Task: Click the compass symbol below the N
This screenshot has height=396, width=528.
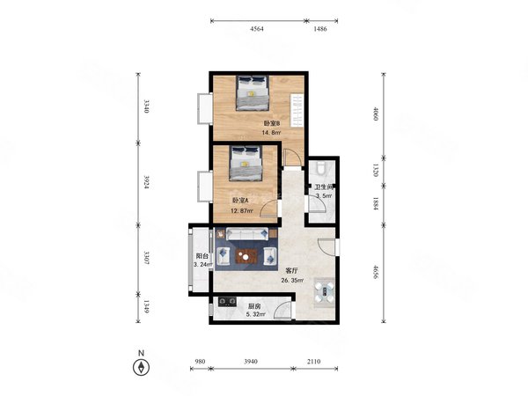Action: pyautogui.click(x=141, y=367)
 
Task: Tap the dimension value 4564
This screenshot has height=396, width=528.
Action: pyautogui.click(x=257, y=29)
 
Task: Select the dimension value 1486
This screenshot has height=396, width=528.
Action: pyautogui.click(x=320, y=29)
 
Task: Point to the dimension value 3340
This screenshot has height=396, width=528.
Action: pyautogui.click(x=146, y=106)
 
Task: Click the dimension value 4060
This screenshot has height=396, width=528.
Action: pyautogui.click(x=376, y=114)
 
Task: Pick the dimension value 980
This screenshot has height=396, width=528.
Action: pyautogui.click(x=200, y=362)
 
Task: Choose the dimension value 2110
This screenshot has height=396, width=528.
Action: pyautogui.click(x=313, y=362)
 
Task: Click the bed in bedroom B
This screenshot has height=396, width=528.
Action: pyautogui.click(x=253, y=93)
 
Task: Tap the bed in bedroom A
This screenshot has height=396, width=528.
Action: pyautogui.click(x=246, y=163)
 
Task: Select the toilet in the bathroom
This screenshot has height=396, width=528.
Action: pyautogui.click(x=322, y=166)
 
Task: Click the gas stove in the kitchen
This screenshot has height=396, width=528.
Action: pyautogui.click(x=227, y=301)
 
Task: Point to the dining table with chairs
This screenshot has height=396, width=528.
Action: pyautogui.click(x=324, y=290)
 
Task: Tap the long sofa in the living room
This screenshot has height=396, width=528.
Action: pyautogui.click(x=247, y=234)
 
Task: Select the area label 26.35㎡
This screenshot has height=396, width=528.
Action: pyautogui.click(x=292, y=280)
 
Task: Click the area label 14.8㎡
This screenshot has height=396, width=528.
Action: pyautogui.click(x=271, y=133)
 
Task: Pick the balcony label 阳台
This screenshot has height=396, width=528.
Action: pyautogui.click(x=202, y=256)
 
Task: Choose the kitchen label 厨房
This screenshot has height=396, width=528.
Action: pyautogui.click(x=254, y=307)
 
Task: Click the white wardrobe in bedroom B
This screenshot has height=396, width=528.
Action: pyautogui.click(x=297, y=111)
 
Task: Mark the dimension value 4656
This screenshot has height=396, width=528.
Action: pyautogui.click(x=376, y=273)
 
